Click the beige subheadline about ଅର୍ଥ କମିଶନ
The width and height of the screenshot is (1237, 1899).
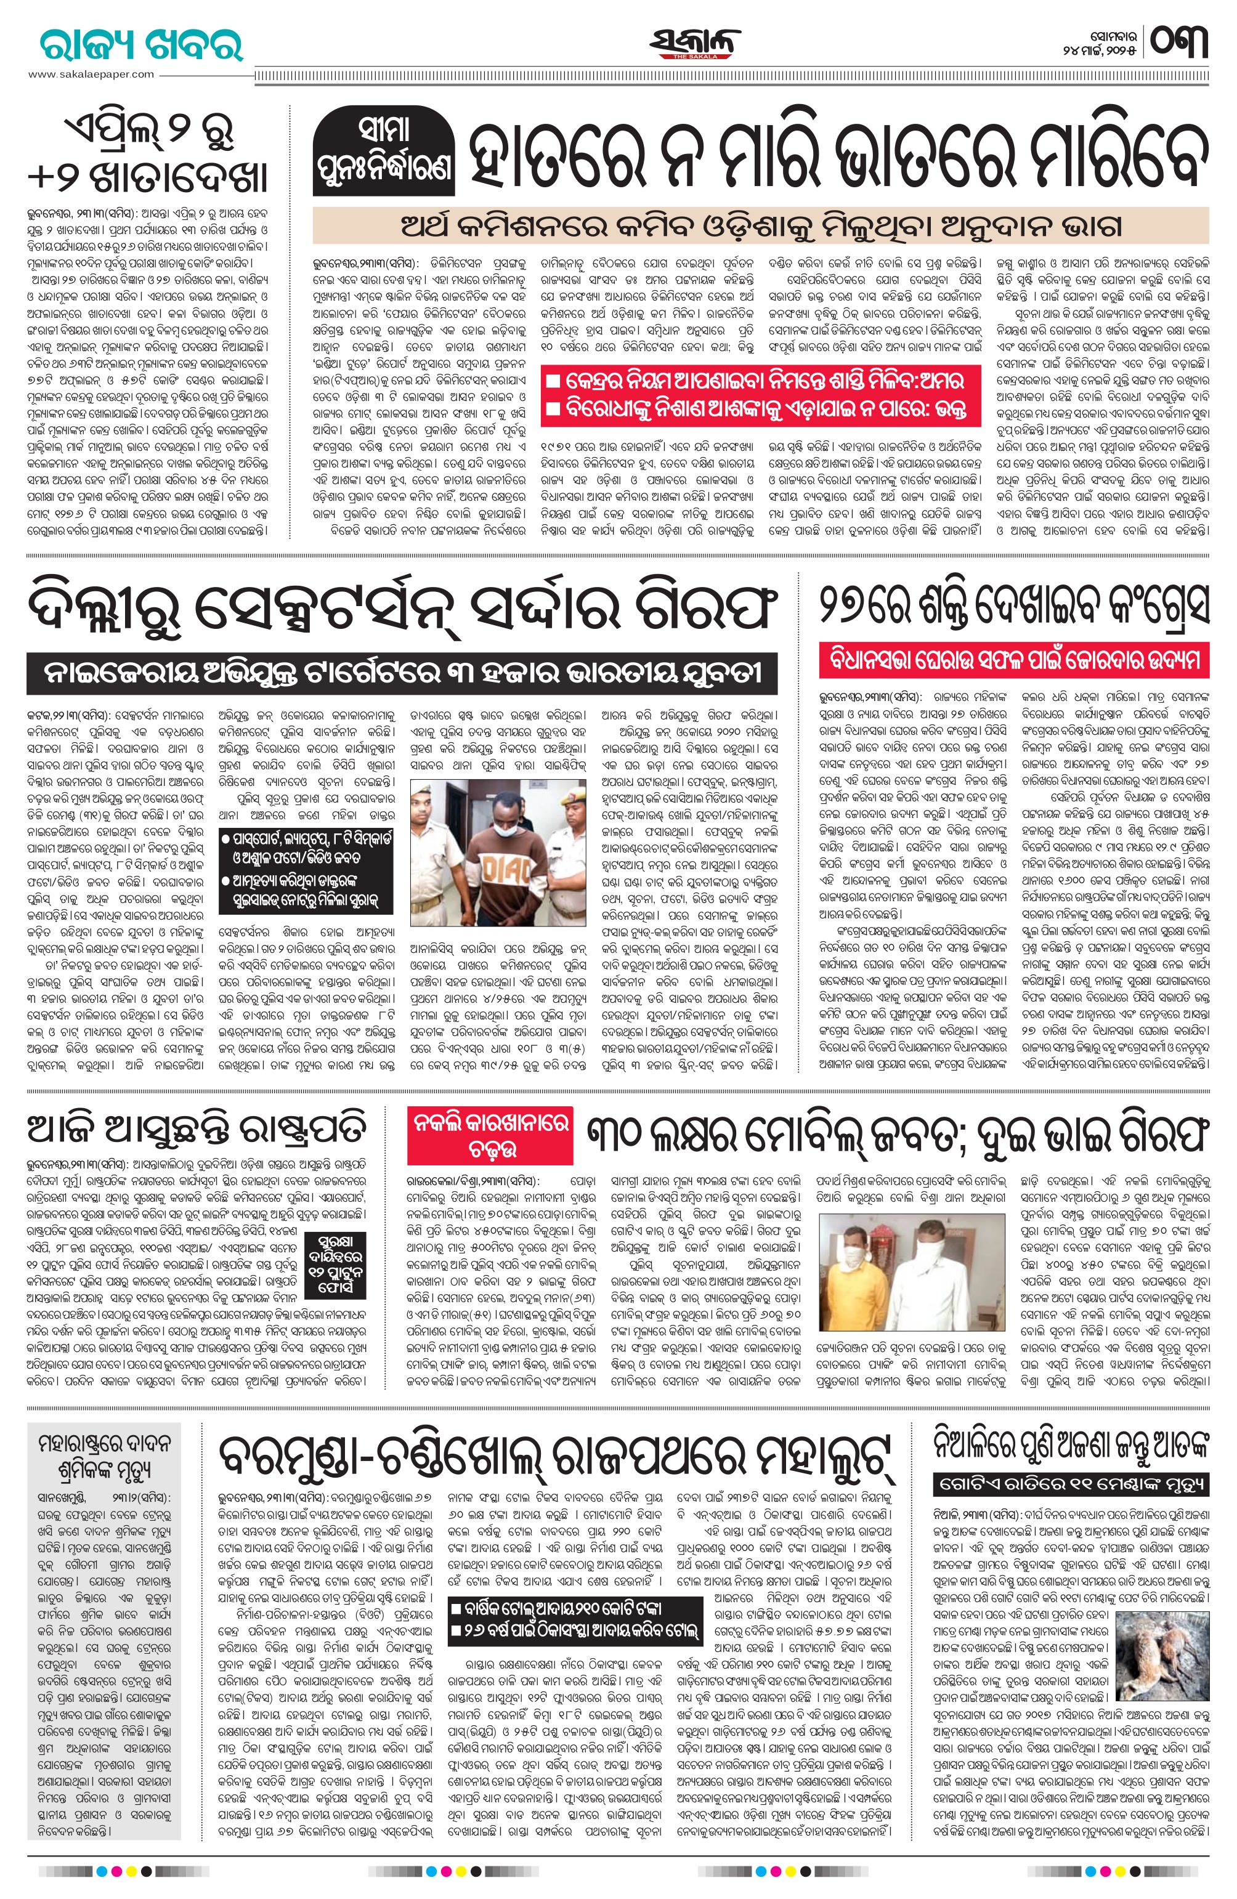click(x=760, y=227)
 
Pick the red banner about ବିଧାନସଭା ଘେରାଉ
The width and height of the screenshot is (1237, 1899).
click(x=1013, y=662)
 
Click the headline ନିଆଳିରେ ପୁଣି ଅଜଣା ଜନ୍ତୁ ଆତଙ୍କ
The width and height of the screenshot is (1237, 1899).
click(x=1072, y=1443)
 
